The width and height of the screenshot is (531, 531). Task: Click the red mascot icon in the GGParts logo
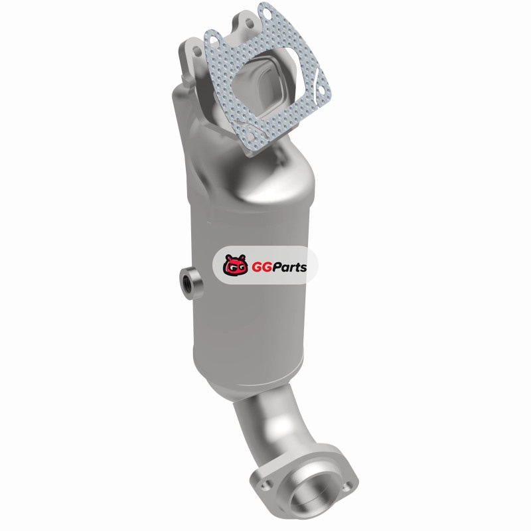236,264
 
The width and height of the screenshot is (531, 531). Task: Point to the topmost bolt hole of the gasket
267,13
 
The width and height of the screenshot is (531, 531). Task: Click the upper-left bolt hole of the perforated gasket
214,40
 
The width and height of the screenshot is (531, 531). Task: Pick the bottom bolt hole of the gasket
251,136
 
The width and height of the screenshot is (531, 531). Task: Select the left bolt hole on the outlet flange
266,485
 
